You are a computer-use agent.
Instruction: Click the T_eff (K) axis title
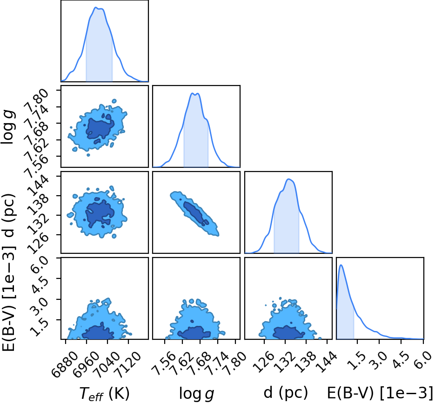coord(104,393)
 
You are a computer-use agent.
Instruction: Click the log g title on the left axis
coord(8,127)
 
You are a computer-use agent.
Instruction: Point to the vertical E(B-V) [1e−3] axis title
coord(8,299)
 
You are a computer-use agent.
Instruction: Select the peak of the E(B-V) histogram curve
coord(341,265)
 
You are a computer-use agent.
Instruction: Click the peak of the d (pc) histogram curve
coord(289,179)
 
